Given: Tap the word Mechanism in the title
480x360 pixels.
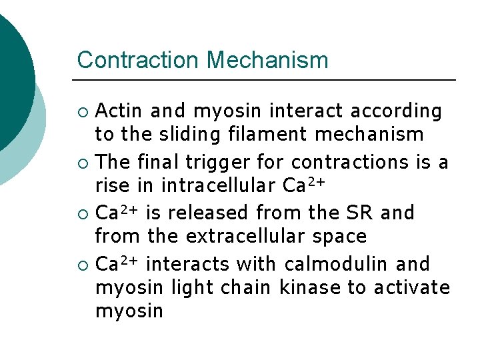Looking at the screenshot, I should (267, 60).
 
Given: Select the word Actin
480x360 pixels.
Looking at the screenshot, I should (120, 111).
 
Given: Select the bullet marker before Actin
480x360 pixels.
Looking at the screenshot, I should (83, 111).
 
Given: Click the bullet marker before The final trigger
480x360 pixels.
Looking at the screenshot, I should (83, 163).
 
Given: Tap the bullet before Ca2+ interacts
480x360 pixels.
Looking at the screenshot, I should (83, 265).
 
